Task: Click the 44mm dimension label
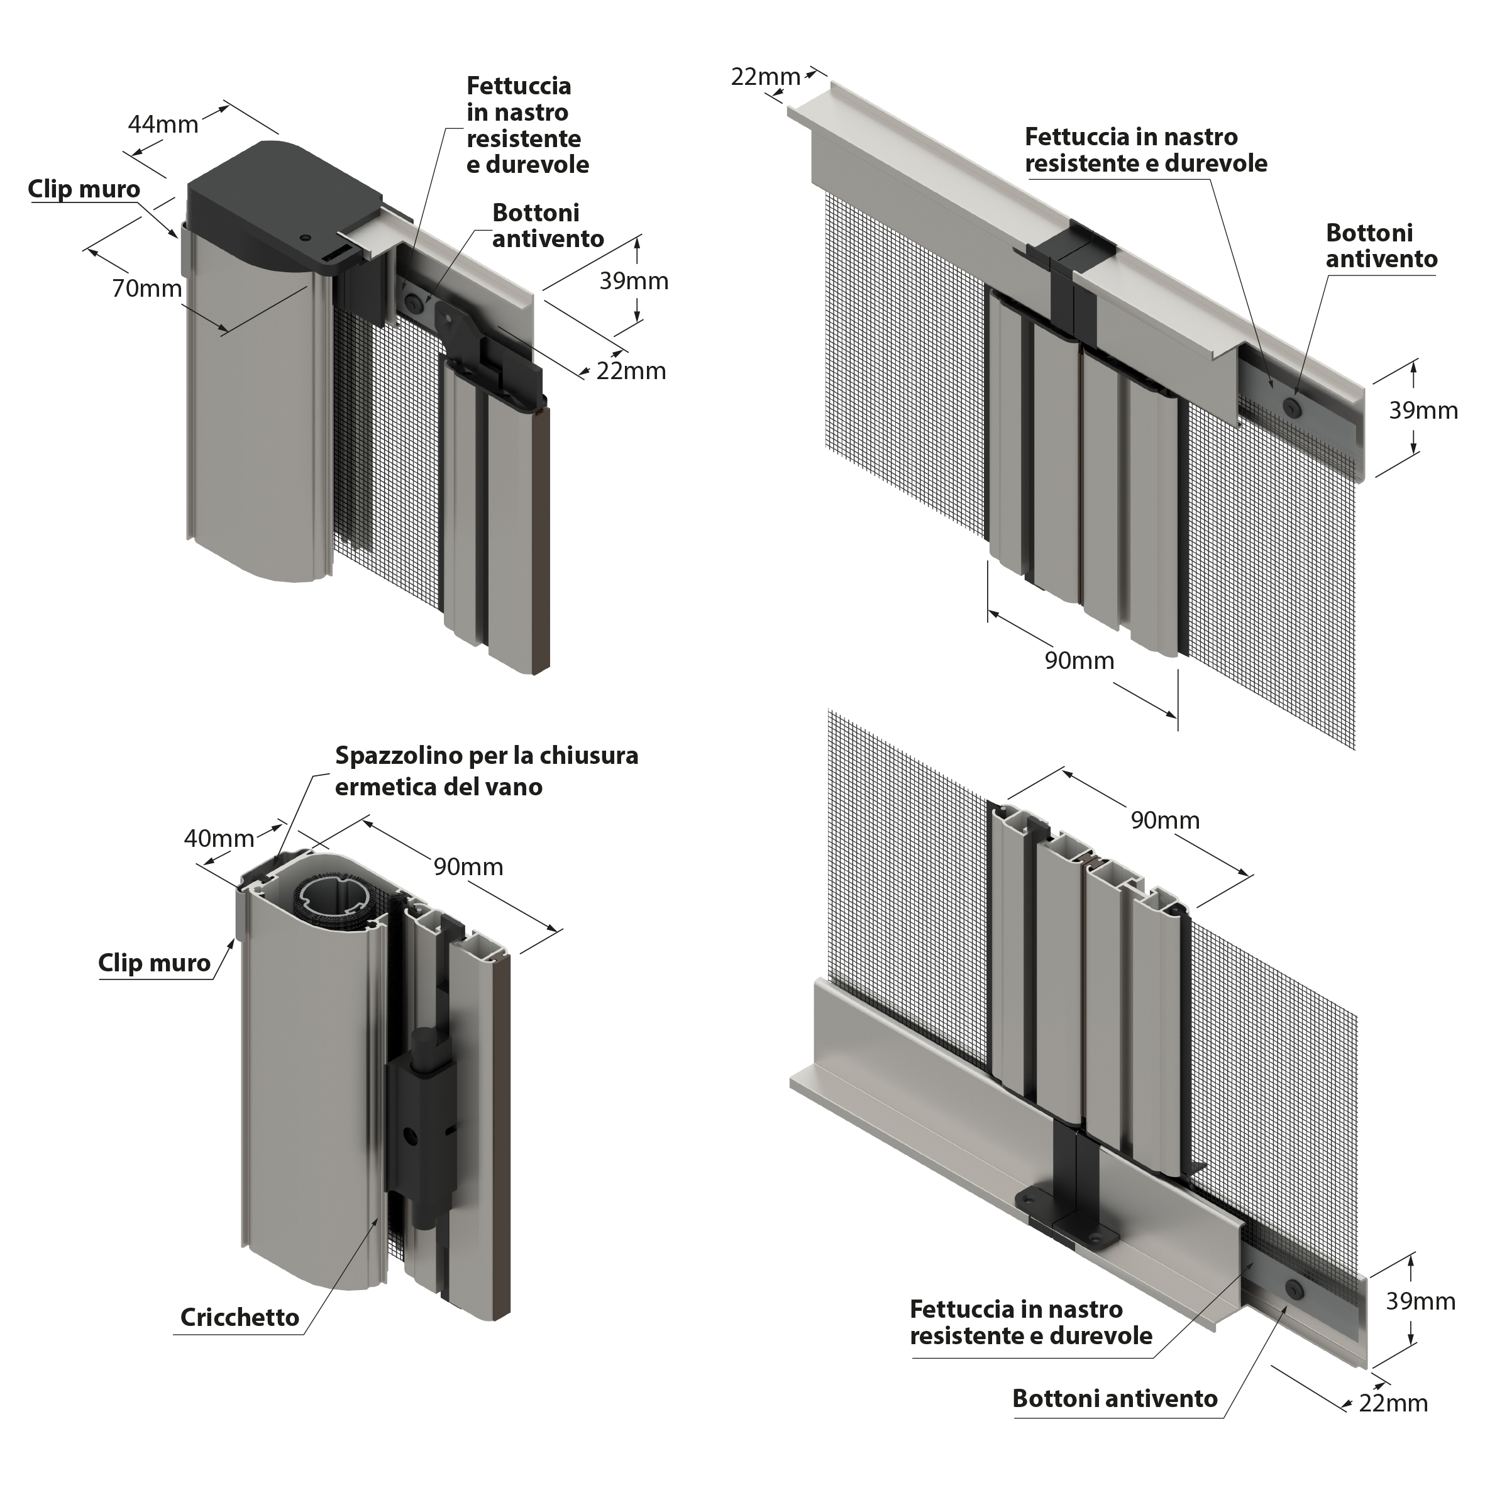[163, 124]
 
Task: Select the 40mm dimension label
[219, 838]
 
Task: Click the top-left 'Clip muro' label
[84, 189]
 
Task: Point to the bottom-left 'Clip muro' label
[154, 963]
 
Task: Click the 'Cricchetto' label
[240, 1317]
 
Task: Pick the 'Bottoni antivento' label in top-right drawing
[1381, 246]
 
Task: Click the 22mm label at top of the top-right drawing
[765, 77]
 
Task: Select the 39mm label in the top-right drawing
[1423, 411]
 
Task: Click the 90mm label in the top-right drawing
[1079, 660]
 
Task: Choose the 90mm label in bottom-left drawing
[468, 867]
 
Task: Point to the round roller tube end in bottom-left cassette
[335, 897]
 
